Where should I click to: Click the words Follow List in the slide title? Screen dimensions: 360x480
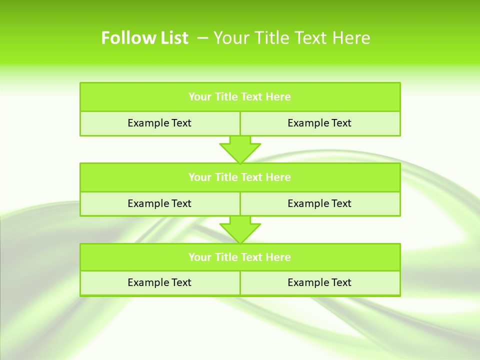pyautogui.click(x=144, y=38)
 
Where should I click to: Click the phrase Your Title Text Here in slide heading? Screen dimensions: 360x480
pyautogui.click(x=292, y=38)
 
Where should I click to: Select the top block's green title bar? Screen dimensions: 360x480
pyautogui.click(x=240, y=97)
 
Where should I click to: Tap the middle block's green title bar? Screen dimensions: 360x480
pyautogui.click(x=240, y=177)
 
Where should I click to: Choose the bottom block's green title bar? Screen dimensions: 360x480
pyautogui.click(x=240, y=257)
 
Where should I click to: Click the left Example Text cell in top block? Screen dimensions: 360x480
pyautogui.click(x=159, y=123)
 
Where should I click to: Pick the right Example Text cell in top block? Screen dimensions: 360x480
pyautogui.click(x=319, y=123)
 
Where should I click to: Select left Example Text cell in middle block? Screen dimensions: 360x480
pyautogui.click(x=159, y=203)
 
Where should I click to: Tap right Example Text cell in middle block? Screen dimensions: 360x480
pyautogui.click(x=319, y=203)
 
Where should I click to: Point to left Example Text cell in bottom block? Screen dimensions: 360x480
pyautogui.click(x=159, y=282)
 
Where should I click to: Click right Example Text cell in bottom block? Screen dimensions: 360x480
pyautogui.click(x=319, y=282)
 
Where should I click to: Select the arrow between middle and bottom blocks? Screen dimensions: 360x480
pyautogui.click(x=240, y=229)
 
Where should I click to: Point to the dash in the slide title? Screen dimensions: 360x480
pyautogui.click(x=202, y=38)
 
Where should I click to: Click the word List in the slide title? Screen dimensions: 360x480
pyautogui.click(x=173, y=38)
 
